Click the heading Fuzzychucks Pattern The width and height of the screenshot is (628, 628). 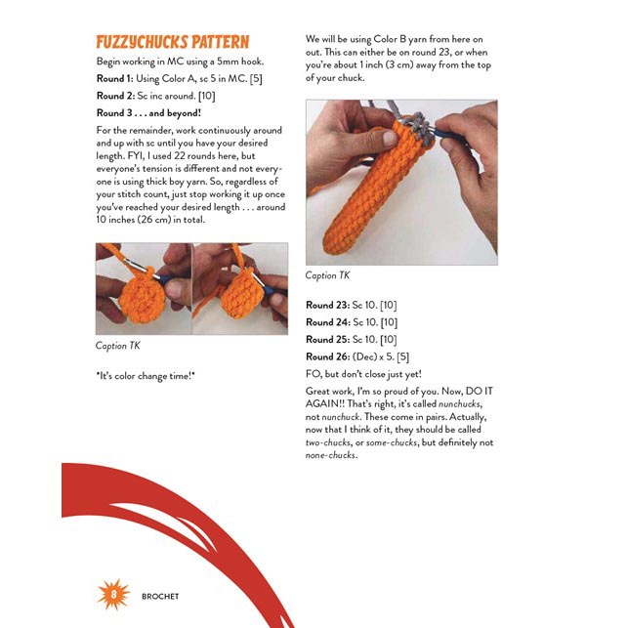coord(172,43)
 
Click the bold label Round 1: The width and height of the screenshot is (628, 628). coord(117,78)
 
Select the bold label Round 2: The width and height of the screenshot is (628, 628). coord(117,96)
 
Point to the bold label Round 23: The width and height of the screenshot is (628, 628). coord(327,306)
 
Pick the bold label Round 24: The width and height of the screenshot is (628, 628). coord(327,322)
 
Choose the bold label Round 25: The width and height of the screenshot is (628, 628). coord(327,339)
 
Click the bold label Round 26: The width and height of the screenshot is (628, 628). coord(327,356)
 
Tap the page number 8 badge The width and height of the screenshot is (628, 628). coord(112,595)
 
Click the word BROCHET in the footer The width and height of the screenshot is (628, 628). coord(158,596)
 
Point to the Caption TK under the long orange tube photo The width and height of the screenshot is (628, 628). coord(329,275)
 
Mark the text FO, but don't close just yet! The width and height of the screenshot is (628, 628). coord(363,373)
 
